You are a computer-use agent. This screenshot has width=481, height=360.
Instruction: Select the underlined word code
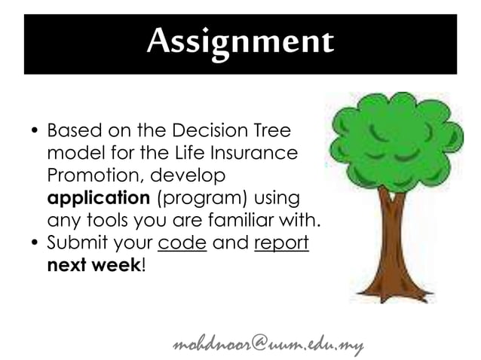[x=182, y=244]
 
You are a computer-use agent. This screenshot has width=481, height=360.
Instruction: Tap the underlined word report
[x=282, y=244]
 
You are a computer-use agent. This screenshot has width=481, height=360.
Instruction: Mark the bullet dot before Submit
[x=34, y=245]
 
